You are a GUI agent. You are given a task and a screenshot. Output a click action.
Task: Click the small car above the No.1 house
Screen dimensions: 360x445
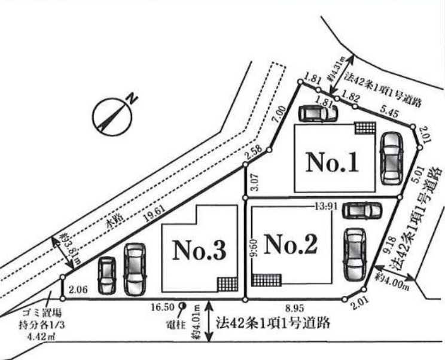[318, 112]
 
